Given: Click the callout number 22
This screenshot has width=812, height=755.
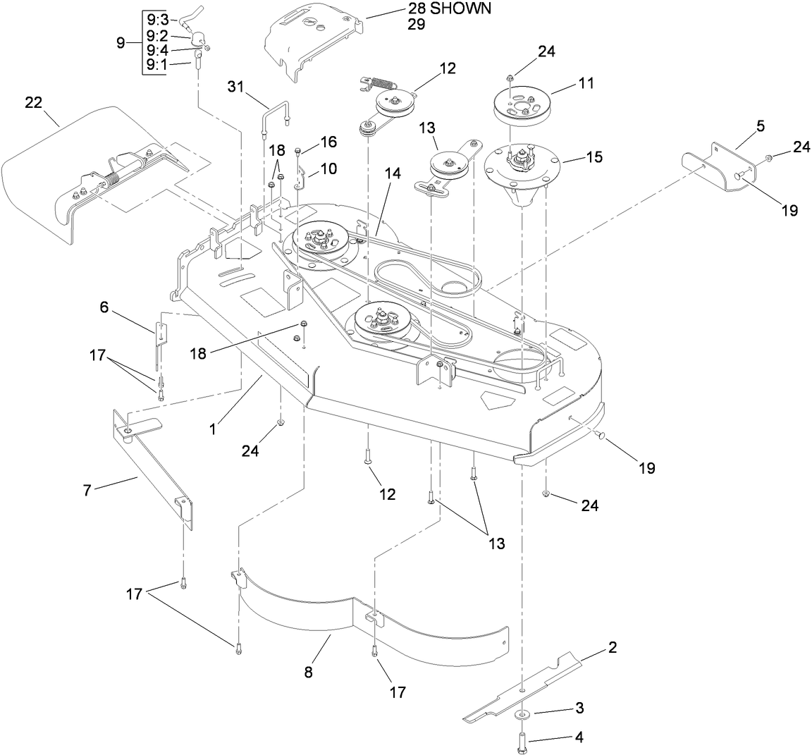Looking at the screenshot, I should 34,103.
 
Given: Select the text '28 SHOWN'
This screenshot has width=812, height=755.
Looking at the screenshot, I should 448,9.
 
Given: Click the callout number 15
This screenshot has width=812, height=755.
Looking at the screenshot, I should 595,157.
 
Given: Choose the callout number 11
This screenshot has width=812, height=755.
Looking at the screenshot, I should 586,83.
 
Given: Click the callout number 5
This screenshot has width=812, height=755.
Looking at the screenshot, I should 741,126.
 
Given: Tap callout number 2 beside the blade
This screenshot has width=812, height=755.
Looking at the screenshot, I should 613,646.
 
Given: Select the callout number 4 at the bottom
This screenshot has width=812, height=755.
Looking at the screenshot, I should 579,738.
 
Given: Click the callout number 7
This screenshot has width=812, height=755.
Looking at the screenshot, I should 87,489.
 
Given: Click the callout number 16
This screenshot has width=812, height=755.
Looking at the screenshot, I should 328,142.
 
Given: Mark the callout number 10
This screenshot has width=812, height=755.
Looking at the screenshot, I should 328,168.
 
